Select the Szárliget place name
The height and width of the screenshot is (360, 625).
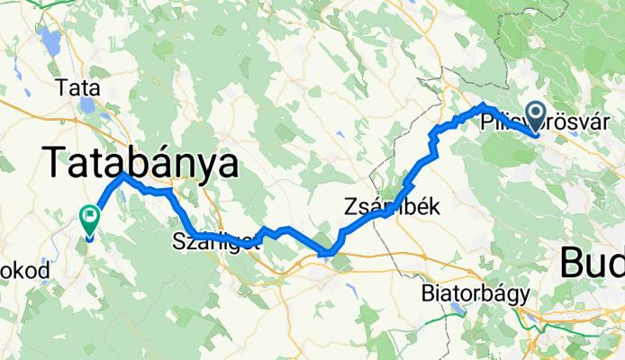pos(216,241)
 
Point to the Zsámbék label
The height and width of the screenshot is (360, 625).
pos(391,206)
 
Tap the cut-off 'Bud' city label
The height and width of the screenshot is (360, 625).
pos(592,264)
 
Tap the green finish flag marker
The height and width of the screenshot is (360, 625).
pos(90,218)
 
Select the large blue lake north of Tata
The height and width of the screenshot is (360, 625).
pos(50,40)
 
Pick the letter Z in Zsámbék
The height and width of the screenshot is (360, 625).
pos(350,206)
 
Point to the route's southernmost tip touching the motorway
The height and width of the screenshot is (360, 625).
pos(323,255)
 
